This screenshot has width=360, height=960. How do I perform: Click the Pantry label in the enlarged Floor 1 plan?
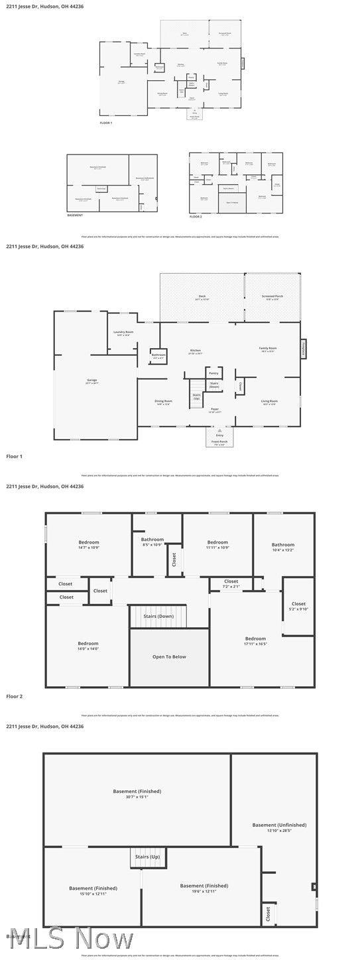click(x=213, y=373)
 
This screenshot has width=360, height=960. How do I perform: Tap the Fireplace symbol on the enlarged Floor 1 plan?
click(x=304, y=349)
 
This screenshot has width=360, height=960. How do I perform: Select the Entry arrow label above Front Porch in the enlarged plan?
click(x=219, y=435)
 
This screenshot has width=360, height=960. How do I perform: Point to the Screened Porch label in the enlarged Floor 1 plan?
click(x=272, y=296)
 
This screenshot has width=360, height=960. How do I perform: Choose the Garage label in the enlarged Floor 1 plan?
click(x=91, y=380)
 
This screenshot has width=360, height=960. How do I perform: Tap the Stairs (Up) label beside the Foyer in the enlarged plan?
click(x=196, y=396)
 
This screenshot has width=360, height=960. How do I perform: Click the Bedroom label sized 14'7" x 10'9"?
click(x=88, y=542)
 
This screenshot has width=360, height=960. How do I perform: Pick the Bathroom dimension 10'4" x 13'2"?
click(x=282, y=550)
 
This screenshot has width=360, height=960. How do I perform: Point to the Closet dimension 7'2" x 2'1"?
click(x=231, y=587)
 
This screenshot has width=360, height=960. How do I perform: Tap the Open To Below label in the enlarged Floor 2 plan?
click(x=169, y=657)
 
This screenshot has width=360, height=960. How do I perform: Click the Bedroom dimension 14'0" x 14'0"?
click(x=88, y=649)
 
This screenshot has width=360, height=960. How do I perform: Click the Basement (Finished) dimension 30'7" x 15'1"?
click(x=137, y=797)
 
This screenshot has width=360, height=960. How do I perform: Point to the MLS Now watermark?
click(x=66, y=939)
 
